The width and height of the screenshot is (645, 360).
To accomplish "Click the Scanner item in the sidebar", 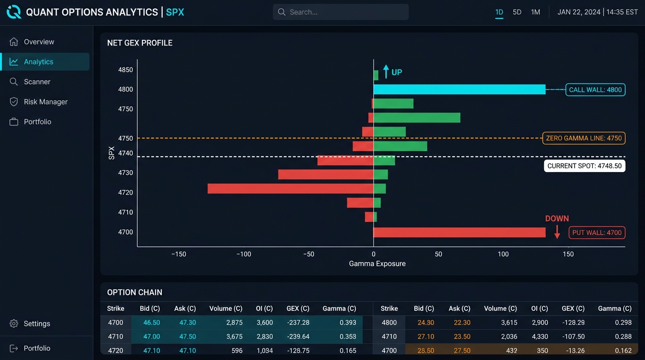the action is coord(37,82).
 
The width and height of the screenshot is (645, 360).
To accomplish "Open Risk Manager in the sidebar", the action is coord(45,102).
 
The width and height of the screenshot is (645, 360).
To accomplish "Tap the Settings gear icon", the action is coord(14,323).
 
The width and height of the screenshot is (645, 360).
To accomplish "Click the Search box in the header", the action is coord(341,12).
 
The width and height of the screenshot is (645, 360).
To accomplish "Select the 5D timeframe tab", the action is coord(517,12).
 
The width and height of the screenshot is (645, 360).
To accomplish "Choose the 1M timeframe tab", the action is coord(535,12).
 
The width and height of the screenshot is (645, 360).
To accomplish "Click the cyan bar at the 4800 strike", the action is coord(459,89).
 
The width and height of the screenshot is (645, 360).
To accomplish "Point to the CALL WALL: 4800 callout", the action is coord(595,90).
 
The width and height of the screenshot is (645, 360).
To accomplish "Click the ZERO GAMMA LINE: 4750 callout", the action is coord(584,138).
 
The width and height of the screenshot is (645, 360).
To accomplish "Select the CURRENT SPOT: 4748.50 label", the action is coord(585,166).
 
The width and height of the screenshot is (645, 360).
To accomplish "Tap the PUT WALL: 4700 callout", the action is coord(597,232).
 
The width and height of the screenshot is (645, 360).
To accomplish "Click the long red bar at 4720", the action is coord(291,188).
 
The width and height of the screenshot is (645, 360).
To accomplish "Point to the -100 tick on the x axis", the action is coord(244,254).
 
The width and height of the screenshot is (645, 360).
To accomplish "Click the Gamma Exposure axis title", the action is coord(377,263).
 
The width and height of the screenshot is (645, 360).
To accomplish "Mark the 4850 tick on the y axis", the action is coord(126,70).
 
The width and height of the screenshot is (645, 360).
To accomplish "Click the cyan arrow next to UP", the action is coord(386,71).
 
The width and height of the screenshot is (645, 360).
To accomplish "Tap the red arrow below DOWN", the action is coord(557,232).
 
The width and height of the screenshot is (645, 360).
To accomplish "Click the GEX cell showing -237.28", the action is coord(298,322).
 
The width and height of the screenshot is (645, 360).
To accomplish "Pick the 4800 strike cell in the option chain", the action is coord(389,322).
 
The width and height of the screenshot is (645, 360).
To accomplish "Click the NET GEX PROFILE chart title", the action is coord(140,43).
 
